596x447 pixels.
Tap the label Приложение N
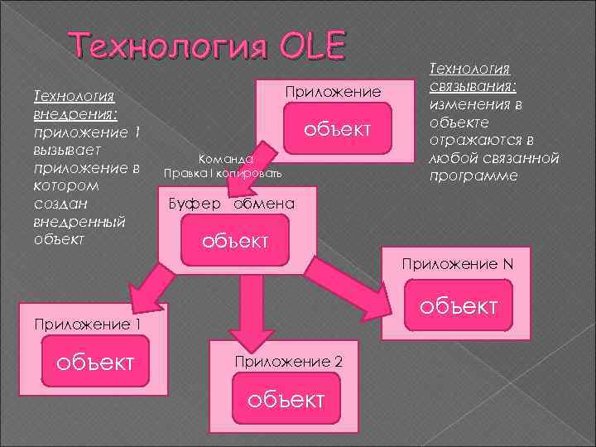pyautogui.click(x=457, y=265)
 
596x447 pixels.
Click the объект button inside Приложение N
pyautogui.click(x=458, y=306)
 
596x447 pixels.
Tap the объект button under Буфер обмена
pyautogui.click(x=236, y=241)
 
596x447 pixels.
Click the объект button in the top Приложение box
pyautogui.click(x=335, y=130)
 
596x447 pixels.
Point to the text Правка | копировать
pyautogui.click(x=223, y=174)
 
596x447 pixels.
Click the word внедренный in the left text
pyautogui.click(x=76, y=222)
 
